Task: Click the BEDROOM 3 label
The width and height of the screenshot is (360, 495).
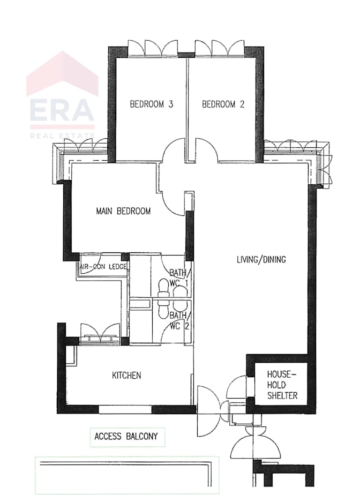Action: (152, 104)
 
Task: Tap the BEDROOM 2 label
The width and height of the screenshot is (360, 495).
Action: (223, 104)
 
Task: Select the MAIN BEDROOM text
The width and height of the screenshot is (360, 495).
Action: (123, 211)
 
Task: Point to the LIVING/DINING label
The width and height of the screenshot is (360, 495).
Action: (261, 259)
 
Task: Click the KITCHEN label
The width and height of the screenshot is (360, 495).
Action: (126, 376)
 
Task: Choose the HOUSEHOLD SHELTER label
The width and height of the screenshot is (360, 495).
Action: (282, 385)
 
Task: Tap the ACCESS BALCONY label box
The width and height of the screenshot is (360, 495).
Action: (127, 437)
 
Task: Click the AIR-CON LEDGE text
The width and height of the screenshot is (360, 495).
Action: (103, 267)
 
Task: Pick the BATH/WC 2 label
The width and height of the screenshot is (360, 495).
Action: (179, 321)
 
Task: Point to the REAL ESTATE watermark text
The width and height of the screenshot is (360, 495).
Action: (62, 136)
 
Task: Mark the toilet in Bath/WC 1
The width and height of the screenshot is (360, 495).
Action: (163, 288)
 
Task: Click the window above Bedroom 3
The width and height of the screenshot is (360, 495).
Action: (153, 48)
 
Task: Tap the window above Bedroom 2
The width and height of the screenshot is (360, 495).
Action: (220, 48)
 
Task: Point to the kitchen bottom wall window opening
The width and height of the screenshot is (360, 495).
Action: (126, 409)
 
